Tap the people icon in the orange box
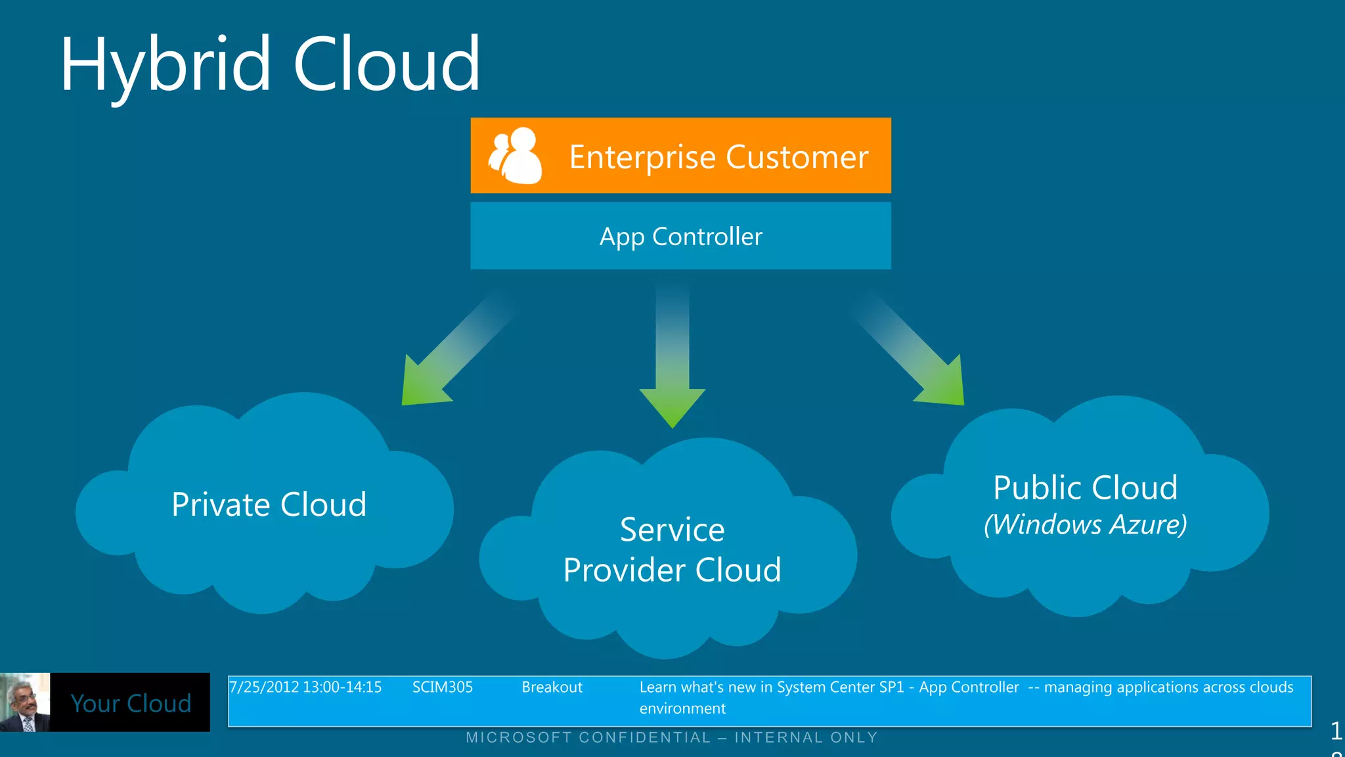(x=516, y=156)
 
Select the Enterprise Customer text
(x=718, y=157)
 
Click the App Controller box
(x=680, y=236)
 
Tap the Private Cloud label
(x=269, y=505)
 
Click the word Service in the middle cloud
(x=672, y=530)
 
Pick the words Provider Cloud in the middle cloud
(x=672, y=570)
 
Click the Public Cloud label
(x=1085, y=488)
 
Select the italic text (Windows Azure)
(x=1085, y=524)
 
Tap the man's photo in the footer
(x=25, y=702)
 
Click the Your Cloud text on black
(x=131, y=703)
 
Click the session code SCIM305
(x=442, y=687)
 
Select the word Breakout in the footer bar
(x=552, y=687)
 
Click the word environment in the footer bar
(x=682, y=708)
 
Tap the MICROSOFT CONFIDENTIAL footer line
(x=671, y=737)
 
